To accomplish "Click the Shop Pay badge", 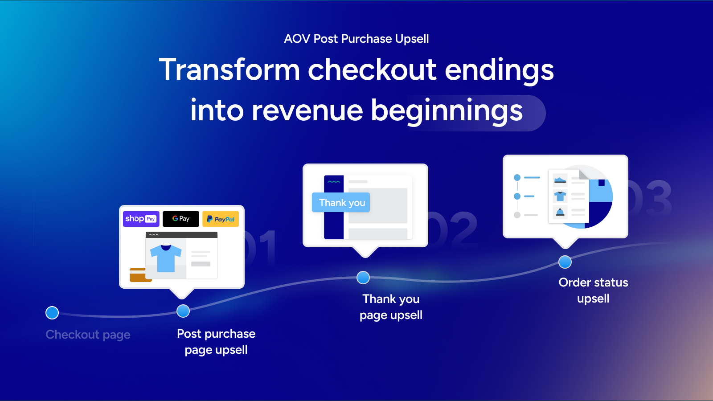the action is point(141,219).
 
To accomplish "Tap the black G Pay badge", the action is point(181,219).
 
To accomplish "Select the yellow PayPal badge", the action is point(221,219).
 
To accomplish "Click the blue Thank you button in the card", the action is point(341,202).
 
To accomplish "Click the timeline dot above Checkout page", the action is point(52,312).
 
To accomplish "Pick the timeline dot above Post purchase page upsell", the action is point(183,311).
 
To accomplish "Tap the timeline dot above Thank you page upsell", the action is point(363,278).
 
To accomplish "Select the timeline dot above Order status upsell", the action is point(565,262).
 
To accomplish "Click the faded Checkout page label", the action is point(88,335).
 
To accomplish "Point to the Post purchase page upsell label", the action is point(216,342).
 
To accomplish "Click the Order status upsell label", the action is point(593,290).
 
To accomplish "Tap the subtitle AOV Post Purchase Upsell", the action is point(356,39).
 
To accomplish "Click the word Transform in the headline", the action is point(229,70).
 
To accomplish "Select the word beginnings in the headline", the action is point(447,111).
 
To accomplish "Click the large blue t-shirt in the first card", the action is point(166,258).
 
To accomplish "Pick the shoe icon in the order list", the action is point(560,180).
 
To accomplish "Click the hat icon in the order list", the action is point(560,212).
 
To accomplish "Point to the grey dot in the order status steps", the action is point(517,215).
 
